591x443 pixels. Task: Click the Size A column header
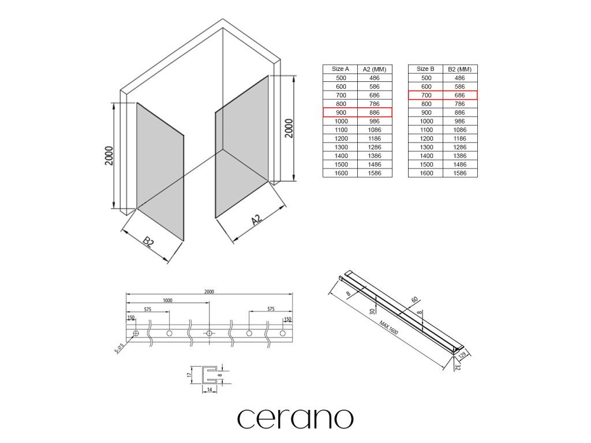pyautogui.click(x=340, y=69)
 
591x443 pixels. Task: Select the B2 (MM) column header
pyautogui.click(x=460, y=69)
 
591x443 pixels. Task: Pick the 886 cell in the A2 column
pyautogui.click(x=375, y=112)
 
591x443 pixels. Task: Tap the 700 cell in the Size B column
pyautogui.click(x=426, y=95)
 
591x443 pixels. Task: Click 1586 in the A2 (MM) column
pyautogui.click(x=375, y=173)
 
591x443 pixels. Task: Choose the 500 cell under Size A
pyautogui.click(x=341, y=78)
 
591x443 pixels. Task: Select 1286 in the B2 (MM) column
pyautogui.click(x=460, y=147)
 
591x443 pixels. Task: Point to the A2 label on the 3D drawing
pyautogui.click(x=257, y=219)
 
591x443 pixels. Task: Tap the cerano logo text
pyautogui.click(x=295, y=418)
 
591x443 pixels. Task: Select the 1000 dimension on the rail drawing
pyautogui.click(x=167, y=301)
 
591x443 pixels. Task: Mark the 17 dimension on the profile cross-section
pyautogui.click(x=190, y=374)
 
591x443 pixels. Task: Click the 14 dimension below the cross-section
pyautogui.click(x=208, y=391)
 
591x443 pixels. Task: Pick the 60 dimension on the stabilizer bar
pyautogui.click(x=414, y=300)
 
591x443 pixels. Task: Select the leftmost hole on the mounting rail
pyautogui.click(x=136, y=334)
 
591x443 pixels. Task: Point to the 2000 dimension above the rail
pyautogui.click(x=209, y=291)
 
